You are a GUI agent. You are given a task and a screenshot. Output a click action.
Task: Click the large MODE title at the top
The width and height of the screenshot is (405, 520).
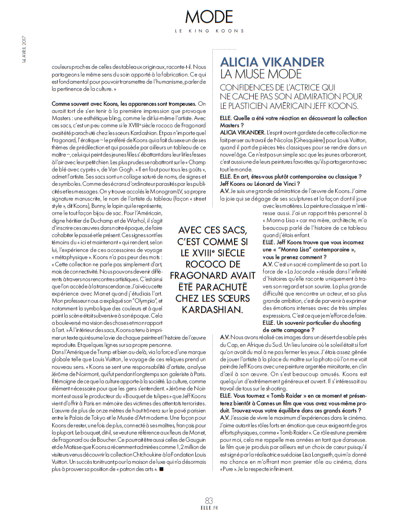pos(209,17)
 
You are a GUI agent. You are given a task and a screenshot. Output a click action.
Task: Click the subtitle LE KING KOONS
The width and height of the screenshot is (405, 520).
pos(209,31)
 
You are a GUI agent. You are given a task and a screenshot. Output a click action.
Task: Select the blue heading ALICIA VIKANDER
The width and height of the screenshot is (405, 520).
pos(272,62)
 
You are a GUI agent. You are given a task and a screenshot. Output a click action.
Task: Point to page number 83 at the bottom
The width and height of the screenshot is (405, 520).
pos(209,500)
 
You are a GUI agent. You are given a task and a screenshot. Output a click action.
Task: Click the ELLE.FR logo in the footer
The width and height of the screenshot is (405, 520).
pos(209,509)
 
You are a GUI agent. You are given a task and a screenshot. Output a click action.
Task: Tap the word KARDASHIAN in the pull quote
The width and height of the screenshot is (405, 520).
pos(212,309)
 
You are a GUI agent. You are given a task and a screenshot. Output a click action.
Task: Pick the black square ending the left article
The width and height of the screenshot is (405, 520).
pos(161,470)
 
